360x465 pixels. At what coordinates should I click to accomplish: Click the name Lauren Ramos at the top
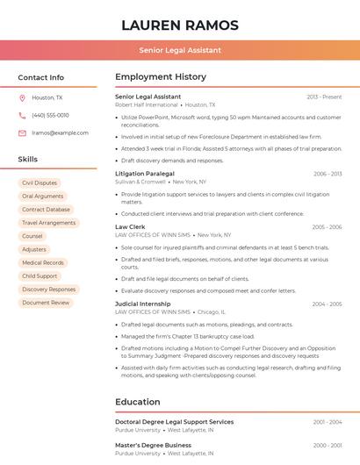click(179, 25)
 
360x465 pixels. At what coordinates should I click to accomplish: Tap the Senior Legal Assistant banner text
click(179, 50)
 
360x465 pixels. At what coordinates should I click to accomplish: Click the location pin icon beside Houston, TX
click(22, 97)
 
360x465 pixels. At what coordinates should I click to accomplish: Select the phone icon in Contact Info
click(22, 115)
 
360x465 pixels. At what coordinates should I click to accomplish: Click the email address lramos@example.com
click(60, 133)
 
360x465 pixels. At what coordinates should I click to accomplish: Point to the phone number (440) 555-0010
click(50, 115)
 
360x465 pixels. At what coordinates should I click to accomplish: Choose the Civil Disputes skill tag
click(40, 182)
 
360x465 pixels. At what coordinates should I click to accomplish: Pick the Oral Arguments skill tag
click(42, 197)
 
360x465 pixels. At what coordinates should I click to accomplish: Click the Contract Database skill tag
click(46, 210)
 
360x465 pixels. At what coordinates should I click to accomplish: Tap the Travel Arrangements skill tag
click(48, 223)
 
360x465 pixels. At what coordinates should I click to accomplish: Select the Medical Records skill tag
click(42, 262)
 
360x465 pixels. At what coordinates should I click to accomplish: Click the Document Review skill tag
click(46, 303)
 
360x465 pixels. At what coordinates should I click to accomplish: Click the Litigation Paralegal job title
click(144, 174)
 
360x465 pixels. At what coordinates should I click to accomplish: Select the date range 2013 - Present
click(324, 97)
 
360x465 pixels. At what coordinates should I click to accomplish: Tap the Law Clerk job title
click(130, 226)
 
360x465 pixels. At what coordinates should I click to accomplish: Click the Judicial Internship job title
click(142, 304)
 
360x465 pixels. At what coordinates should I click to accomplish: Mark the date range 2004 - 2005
click(327, 304)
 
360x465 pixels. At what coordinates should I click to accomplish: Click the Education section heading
click(138, 402)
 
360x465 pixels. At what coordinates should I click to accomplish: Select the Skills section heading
click(28, 160)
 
